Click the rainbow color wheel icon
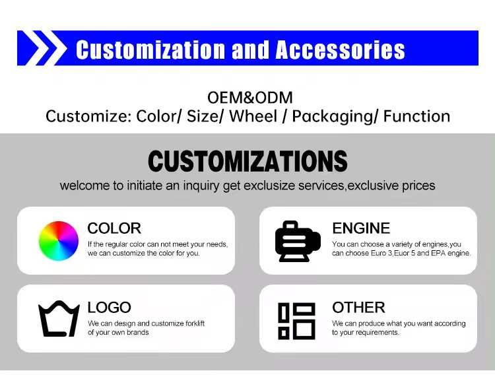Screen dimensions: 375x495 pyautogui.click(x=58, y=240)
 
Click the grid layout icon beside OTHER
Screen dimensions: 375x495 pyautogui.click(x=296, y=320)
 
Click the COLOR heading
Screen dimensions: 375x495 pyautogui.click(x=114, y=228)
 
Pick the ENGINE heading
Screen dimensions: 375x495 pyautogui.click(x=361, y=228)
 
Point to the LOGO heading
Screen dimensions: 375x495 pyautogui.click(x=109, y=307)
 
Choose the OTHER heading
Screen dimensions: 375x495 pyautogui.click(x=358, y=307)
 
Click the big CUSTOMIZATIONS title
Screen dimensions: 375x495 pyautogui.click(x=247, y=161)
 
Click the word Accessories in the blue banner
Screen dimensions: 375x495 pyautogui.click(x=340, y=50)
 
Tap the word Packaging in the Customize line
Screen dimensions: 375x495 pyautogui.click(x=335, y=117)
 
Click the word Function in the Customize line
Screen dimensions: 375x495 pyautogui.click(x=416, y=117)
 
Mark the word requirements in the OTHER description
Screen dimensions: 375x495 pyautogui.click(x=378, y=333)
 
